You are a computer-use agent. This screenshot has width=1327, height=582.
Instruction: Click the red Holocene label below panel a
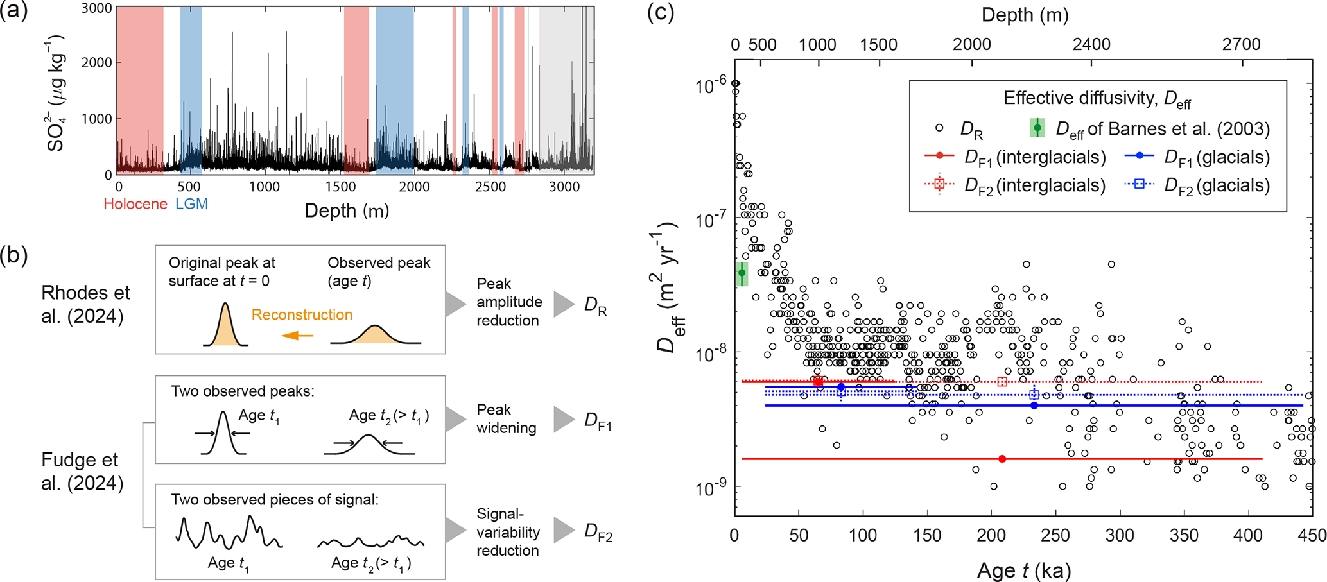pos(135,204)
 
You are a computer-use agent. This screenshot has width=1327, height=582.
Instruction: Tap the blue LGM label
pos(191,204)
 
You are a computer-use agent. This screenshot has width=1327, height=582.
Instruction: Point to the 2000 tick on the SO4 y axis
pos(97,62)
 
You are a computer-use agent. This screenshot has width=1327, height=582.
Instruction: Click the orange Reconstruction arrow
pos(298,335)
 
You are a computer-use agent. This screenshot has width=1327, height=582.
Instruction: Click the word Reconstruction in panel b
pos(302,314)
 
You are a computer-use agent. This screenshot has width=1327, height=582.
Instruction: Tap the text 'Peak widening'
pos(507,419)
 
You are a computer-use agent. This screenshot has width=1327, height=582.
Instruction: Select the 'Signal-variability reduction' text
pos(508,532)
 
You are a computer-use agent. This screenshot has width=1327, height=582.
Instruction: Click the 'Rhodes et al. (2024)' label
pos(85,304)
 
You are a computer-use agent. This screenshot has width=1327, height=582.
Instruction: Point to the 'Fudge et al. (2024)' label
pos(82,471)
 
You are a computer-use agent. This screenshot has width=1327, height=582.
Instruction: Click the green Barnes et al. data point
pos(742,273)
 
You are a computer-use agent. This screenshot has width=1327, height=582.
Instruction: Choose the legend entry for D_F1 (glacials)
pos(1198,157)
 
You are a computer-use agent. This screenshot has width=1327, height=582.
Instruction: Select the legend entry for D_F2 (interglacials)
pos(1015,185)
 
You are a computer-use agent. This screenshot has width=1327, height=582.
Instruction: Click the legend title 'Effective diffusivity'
pos(1097,99)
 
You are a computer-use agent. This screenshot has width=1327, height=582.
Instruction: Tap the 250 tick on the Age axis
pos(1055,535)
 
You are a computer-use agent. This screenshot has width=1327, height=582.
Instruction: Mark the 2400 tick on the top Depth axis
pos(1091,44)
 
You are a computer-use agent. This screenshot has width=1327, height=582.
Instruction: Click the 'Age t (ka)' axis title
pos(1024,569)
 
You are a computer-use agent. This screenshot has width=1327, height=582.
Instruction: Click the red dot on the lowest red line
pos(1002,459)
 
